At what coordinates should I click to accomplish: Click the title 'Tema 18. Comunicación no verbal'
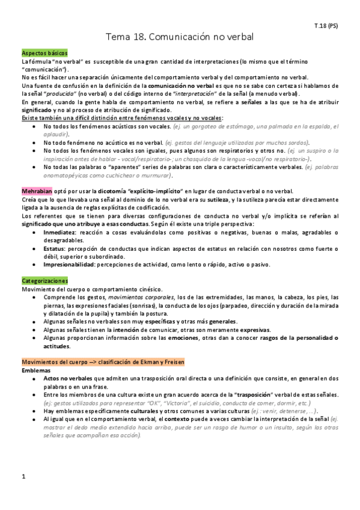[180, 37]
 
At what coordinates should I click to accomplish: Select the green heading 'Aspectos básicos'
[44, 54]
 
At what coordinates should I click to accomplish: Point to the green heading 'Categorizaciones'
[44, 281]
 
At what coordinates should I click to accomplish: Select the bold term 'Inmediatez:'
[59, 231]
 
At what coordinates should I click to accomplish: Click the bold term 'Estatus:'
[55, 248]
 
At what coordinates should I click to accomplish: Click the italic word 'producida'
[62, 94]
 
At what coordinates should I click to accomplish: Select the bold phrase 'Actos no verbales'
[67, 378]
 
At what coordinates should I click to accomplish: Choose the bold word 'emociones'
[175, 338]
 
